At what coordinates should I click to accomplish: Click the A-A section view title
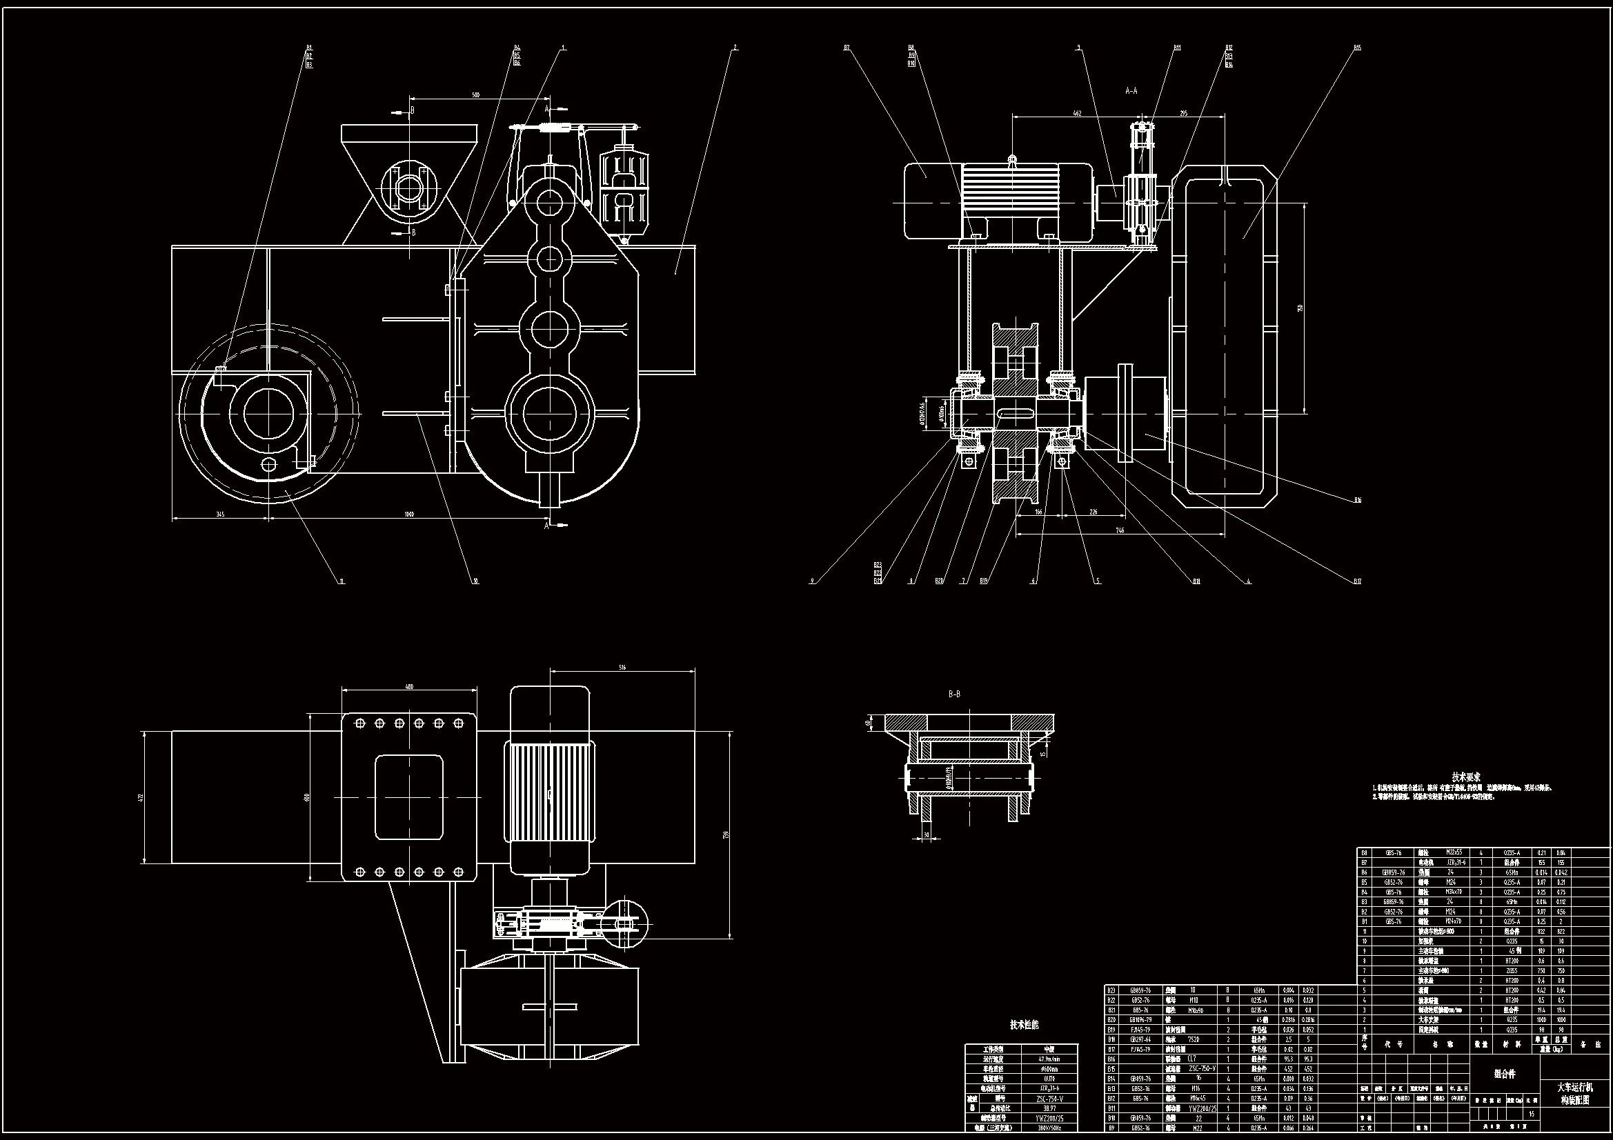(x=1131, y=90)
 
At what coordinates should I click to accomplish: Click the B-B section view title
(x=954, y=694)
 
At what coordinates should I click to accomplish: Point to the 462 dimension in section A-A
(x=1078, y=113)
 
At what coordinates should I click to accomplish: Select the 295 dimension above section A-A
(x=1183, y=113)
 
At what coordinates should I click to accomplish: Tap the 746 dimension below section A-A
(x=1120, y=530)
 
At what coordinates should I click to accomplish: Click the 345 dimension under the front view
(x=220, y=514)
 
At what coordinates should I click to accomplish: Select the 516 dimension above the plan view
(x=622, y=667)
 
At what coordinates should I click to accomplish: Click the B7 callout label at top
(x=847, y=48)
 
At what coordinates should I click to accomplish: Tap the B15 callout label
(x=1357, y=48)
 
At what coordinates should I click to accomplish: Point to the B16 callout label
(x=1357, y=500)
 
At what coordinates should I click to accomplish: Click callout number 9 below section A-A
(x=812, y=581)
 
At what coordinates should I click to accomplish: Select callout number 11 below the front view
(x=342, y=581)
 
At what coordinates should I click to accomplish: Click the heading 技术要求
(x=1466, y=777)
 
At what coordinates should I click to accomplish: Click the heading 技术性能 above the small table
(x=1025, y=1025)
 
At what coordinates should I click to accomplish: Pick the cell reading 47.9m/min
(x=1049, y=1059)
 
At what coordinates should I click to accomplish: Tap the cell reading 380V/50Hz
(x=1049, y=1128)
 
